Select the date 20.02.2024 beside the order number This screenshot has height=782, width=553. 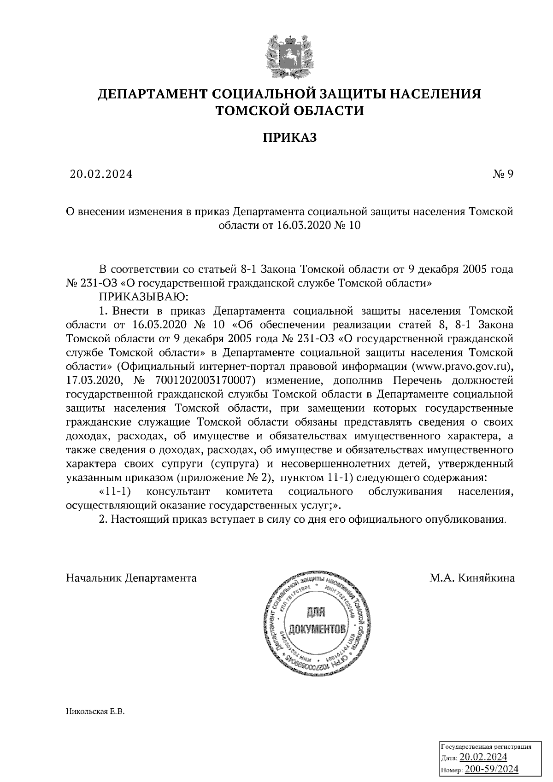tap(101, 174)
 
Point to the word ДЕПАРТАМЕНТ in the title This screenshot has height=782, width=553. tap(152, 94)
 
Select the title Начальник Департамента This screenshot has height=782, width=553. tap(131, 578)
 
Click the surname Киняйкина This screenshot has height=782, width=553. tap(487, 578)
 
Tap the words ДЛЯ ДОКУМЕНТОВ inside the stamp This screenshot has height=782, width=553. tap(316, 621)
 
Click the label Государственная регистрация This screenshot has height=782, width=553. tap(487, 747)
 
